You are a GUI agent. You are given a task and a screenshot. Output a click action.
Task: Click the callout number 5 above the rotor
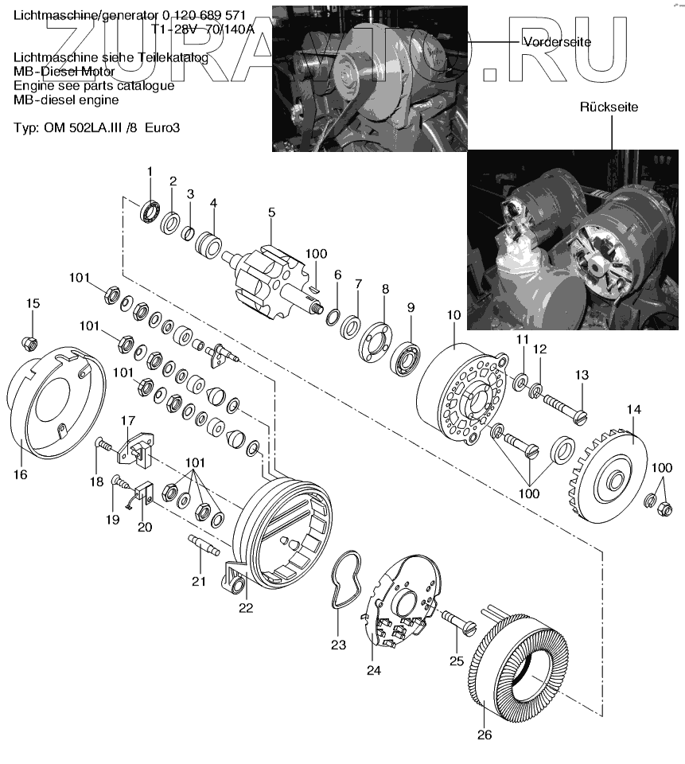[x=271, y=212]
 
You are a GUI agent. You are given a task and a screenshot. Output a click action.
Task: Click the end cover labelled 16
[x=54, y=406]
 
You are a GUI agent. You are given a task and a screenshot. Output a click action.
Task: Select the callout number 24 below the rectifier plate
[x=374, y=670]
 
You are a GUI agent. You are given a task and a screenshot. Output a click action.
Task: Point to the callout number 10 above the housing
[x=453, y=315]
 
